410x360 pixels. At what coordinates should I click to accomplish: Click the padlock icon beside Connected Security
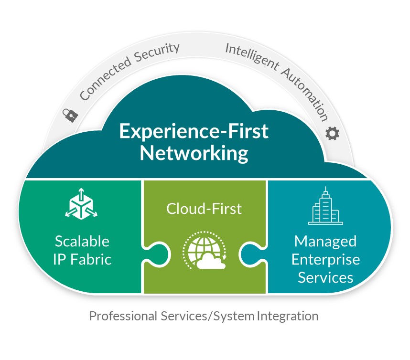click(x=70, y=114)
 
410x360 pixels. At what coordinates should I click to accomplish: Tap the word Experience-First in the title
click(x=194, y=131)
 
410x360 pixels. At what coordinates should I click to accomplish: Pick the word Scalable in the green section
click(x=82, y=241)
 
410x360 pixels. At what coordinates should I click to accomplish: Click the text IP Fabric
click(x=82, y=259)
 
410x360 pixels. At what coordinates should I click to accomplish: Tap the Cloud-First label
click(x=204, y=209)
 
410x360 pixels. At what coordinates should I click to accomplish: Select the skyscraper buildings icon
click(x=326, y=206)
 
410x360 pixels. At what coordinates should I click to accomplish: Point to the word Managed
click(x=325, y=241)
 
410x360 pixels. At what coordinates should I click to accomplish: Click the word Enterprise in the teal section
click(x=325, y=259)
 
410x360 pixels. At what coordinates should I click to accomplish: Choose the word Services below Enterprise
click(x=325, y=277)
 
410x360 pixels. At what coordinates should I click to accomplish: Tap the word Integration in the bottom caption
click(x=288, y=316)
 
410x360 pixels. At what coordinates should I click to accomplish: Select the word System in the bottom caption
click(x=232, y=316)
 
